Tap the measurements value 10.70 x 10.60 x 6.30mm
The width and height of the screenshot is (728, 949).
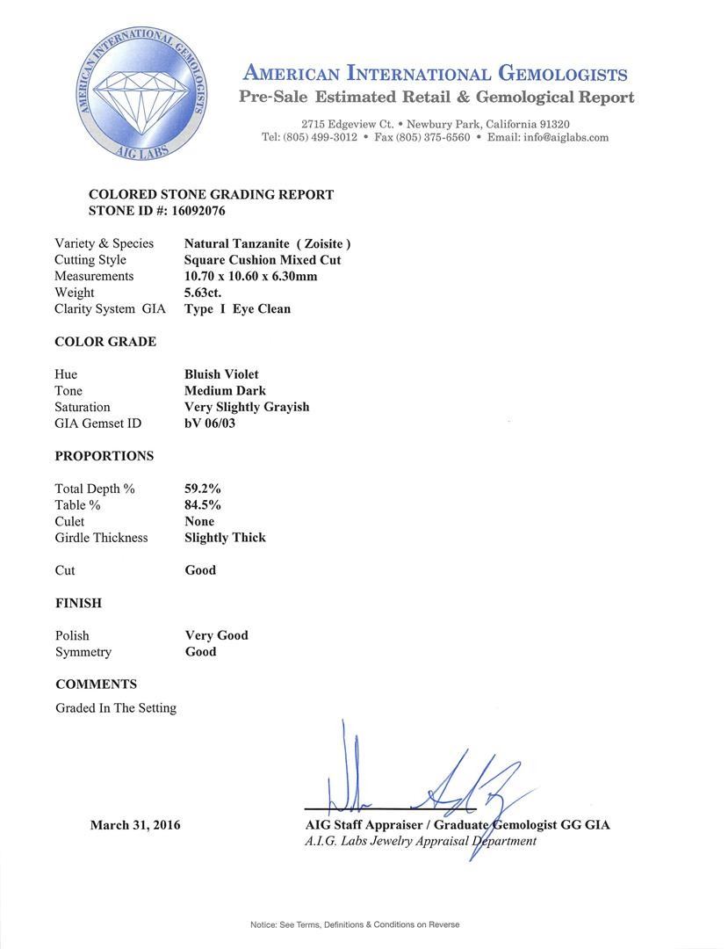250,276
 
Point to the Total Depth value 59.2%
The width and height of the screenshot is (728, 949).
203,489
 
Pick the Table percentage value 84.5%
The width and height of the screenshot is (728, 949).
203,505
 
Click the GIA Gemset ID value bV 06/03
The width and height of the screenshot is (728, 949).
210,424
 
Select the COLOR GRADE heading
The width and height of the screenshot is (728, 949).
105,342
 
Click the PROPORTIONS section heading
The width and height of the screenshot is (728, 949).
104,456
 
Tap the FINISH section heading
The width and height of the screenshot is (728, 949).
78,603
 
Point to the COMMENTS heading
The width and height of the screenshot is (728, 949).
96,685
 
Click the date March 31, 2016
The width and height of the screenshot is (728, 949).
135,825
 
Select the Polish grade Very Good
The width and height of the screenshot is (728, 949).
216,635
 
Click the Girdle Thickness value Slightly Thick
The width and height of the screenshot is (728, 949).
225,538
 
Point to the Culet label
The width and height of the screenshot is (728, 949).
69,521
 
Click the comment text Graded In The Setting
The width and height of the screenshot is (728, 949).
116,707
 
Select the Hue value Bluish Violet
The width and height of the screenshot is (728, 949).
221,374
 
